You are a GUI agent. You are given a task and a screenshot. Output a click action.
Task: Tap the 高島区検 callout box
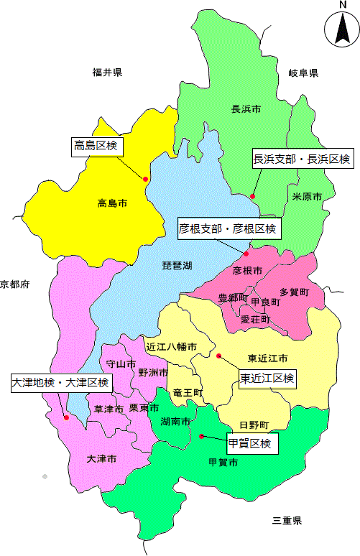coord(96,147)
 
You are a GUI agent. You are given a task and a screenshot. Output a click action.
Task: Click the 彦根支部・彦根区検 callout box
coord(229,229)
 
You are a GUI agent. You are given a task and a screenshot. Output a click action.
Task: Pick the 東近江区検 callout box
coord(267,378)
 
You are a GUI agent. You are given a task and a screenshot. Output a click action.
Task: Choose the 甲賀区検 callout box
coord(251,443)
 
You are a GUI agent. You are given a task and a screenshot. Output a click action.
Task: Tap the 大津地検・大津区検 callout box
coord(61,382)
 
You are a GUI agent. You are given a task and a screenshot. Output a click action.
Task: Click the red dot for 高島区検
coord(146,179)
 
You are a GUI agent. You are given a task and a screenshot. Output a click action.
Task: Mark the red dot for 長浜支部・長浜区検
coord(252,196)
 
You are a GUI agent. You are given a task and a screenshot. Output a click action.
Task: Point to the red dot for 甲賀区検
coord(202,436)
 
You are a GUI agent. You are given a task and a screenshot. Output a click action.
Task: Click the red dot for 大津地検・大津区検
coord(66,417)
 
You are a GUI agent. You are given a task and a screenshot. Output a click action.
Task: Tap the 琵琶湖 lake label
coord(177,265)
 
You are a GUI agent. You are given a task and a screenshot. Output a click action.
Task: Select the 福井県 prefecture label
coord(106,72)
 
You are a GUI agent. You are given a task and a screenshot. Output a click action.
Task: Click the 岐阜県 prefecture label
coord(303,73)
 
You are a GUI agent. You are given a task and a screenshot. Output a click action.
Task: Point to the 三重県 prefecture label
coord(287,520)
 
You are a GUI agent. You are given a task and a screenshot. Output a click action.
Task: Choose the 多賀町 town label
coord(294,292)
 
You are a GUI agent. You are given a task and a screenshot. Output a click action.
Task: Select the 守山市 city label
coord(120,364)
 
